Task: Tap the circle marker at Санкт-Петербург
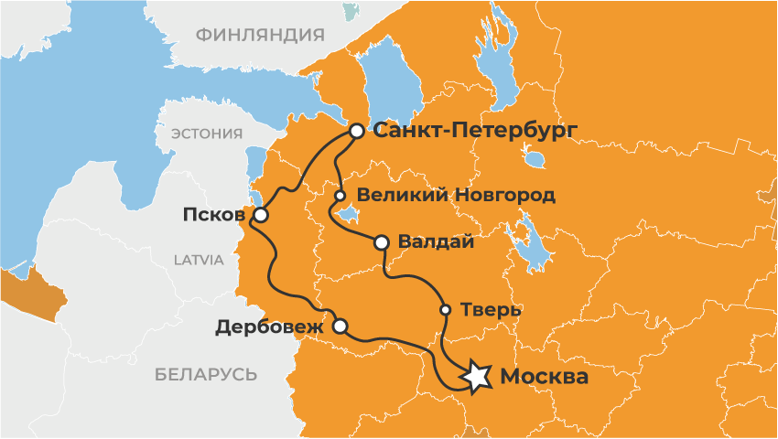356,132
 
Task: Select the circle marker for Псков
261,216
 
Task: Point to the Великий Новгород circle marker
340,196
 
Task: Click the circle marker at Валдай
382,242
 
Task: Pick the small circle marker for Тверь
446,309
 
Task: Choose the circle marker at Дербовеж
340,326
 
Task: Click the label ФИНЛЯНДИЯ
260,35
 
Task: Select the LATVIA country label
199,260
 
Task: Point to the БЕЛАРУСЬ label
206,374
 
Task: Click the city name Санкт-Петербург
475,131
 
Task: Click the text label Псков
214,216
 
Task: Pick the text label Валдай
436,242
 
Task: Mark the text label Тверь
492,309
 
